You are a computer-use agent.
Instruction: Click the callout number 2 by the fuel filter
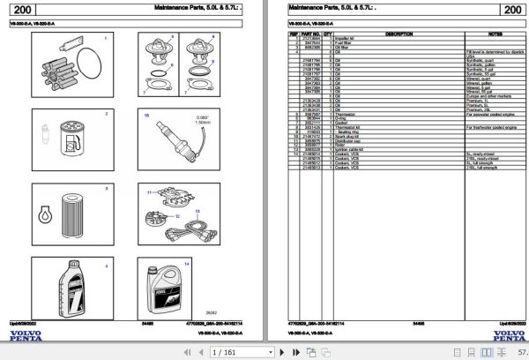[106, 114]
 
